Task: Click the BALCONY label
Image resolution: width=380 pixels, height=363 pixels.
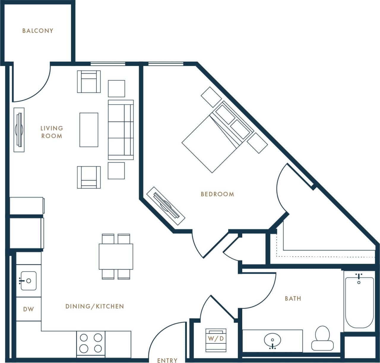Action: [x=38, y=31]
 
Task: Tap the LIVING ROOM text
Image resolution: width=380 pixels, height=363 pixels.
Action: [x=52, y=132]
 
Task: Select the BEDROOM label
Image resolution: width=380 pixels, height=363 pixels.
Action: [x=217, y=194]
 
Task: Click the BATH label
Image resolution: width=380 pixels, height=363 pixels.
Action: [x=293, y=298]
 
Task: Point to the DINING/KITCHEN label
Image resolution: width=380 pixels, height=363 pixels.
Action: [x=94, y=306]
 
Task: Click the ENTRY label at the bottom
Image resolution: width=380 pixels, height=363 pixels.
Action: [x=167, y=360]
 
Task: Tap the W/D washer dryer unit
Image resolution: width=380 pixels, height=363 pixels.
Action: [x=216, y=339]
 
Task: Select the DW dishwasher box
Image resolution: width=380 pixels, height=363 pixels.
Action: [x=28, y=309]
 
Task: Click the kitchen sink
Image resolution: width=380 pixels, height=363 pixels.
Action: [x=28, y=281]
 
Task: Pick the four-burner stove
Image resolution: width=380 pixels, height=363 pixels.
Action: [x=91, y=343]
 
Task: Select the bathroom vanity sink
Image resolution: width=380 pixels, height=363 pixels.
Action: [x=272, y=340]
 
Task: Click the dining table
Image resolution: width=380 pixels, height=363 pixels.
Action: [x=116, y=256]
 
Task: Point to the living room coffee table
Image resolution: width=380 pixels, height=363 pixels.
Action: [x=89, y=130]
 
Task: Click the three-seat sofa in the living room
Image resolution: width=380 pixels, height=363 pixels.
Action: [x=121, y=130]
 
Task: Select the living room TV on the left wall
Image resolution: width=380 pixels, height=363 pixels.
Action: [x=19, y=130]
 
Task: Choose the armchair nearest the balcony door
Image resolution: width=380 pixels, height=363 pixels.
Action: [x=89, y=82]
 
